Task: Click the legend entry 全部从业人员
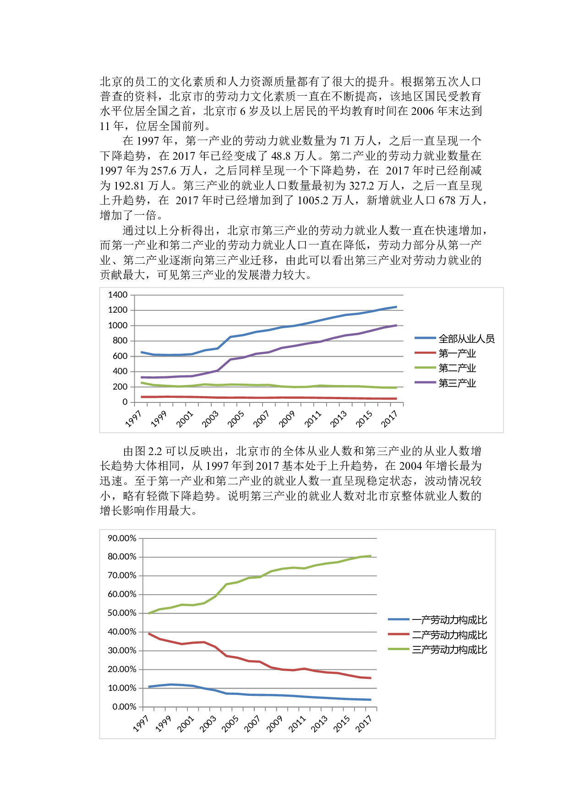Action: pos(466,339)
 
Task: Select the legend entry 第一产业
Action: pos(457,353)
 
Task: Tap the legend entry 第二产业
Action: pos(457,368)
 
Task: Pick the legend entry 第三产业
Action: pos(457,383)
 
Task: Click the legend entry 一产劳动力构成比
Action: pos(449,620)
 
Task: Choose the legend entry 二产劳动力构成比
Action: pos(449,635)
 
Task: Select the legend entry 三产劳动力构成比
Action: pos(449,650)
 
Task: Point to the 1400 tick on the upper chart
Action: pos(118,295)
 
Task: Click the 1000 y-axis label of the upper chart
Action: pos(118,326)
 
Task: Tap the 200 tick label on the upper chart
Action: pos(120,387)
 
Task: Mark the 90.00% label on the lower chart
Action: pos(122,538)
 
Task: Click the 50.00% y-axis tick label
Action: pos(122,613)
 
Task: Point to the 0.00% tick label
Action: pos(124,707)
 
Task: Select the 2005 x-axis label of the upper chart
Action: pos(236,419)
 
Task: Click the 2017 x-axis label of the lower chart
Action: pos(364,724)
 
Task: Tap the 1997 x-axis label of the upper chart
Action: pos(133,419)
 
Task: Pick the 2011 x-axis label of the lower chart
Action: pos(297,724)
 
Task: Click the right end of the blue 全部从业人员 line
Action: pos(396,307)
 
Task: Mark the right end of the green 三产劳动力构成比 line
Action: pos(371,556)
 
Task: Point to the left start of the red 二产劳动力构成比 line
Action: pos(149,634)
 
